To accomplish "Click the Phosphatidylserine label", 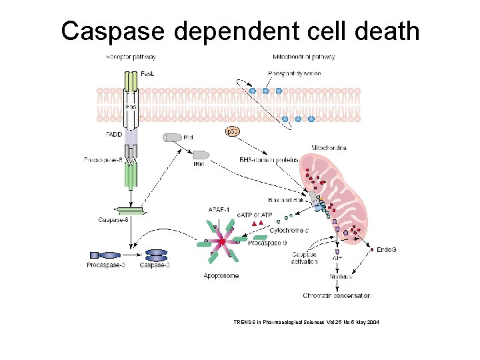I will tap(294, 73).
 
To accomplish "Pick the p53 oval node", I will tap(232, 132).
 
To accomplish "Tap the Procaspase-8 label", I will tap(103, 160).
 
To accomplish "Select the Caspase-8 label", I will tap(113, 219).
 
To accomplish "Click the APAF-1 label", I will tap(219, 211).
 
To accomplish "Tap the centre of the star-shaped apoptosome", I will tap(221, 241).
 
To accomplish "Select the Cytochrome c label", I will tap(289, 231).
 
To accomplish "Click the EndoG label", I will tap(386, 249).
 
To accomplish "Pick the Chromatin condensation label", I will tap(336, 295).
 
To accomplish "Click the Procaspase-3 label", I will tap(105, 265).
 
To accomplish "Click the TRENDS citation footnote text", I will tap(306, 321).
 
